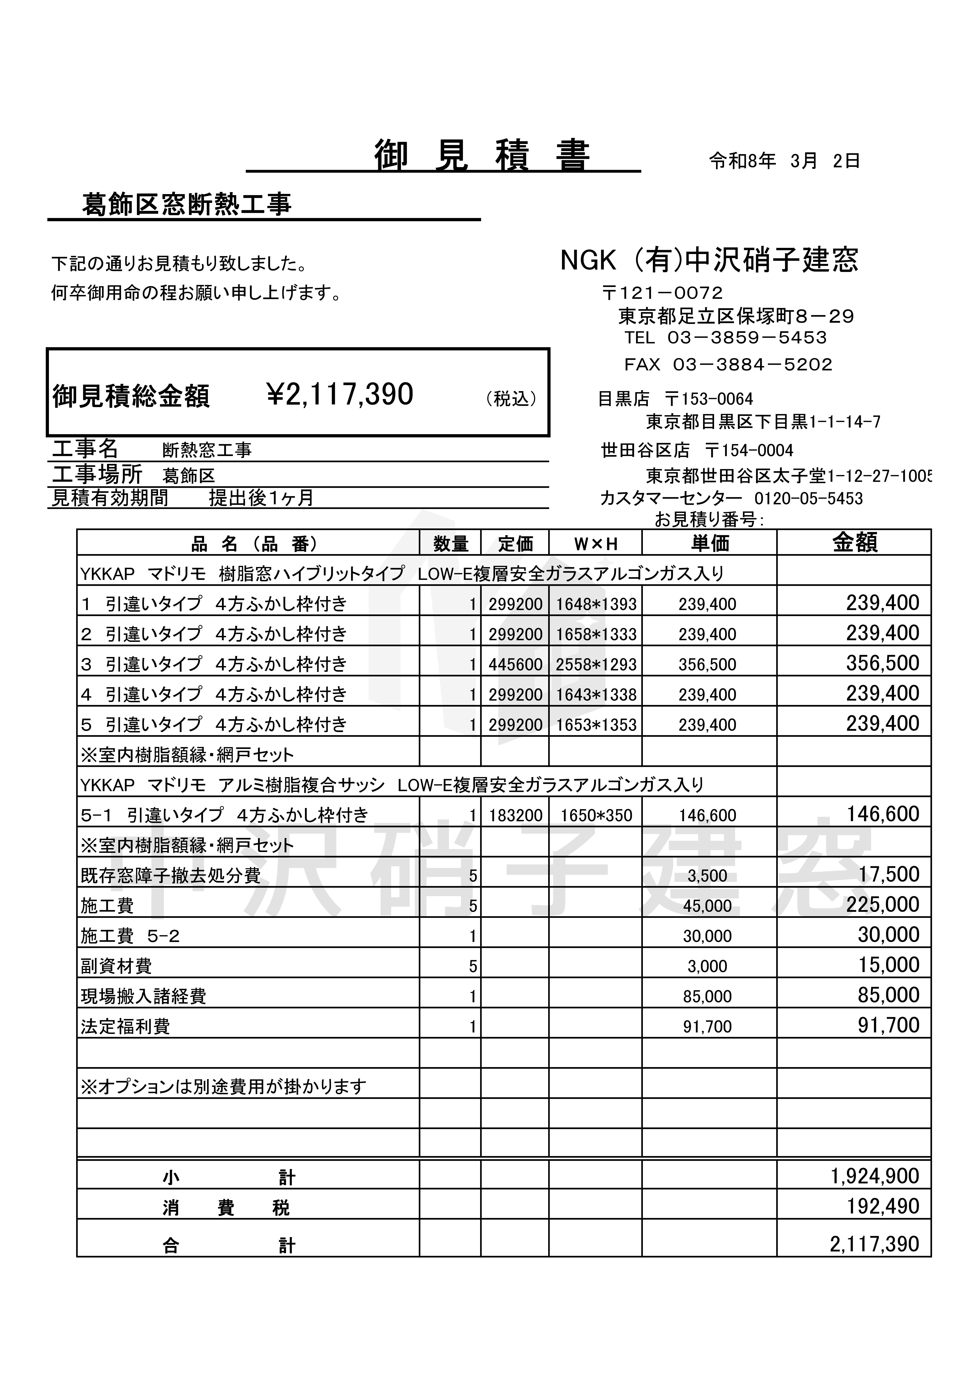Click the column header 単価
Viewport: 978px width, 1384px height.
pos(710,544)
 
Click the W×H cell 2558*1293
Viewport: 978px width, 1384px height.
pos(596,664)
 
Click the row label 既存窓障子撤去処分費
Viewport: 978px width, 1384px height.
pos(171,875)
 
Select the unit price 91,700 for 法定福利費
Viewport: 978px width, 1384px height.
pos(707,1027)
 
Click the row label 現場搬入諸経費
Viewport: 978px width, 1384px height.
pos(143,996)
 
